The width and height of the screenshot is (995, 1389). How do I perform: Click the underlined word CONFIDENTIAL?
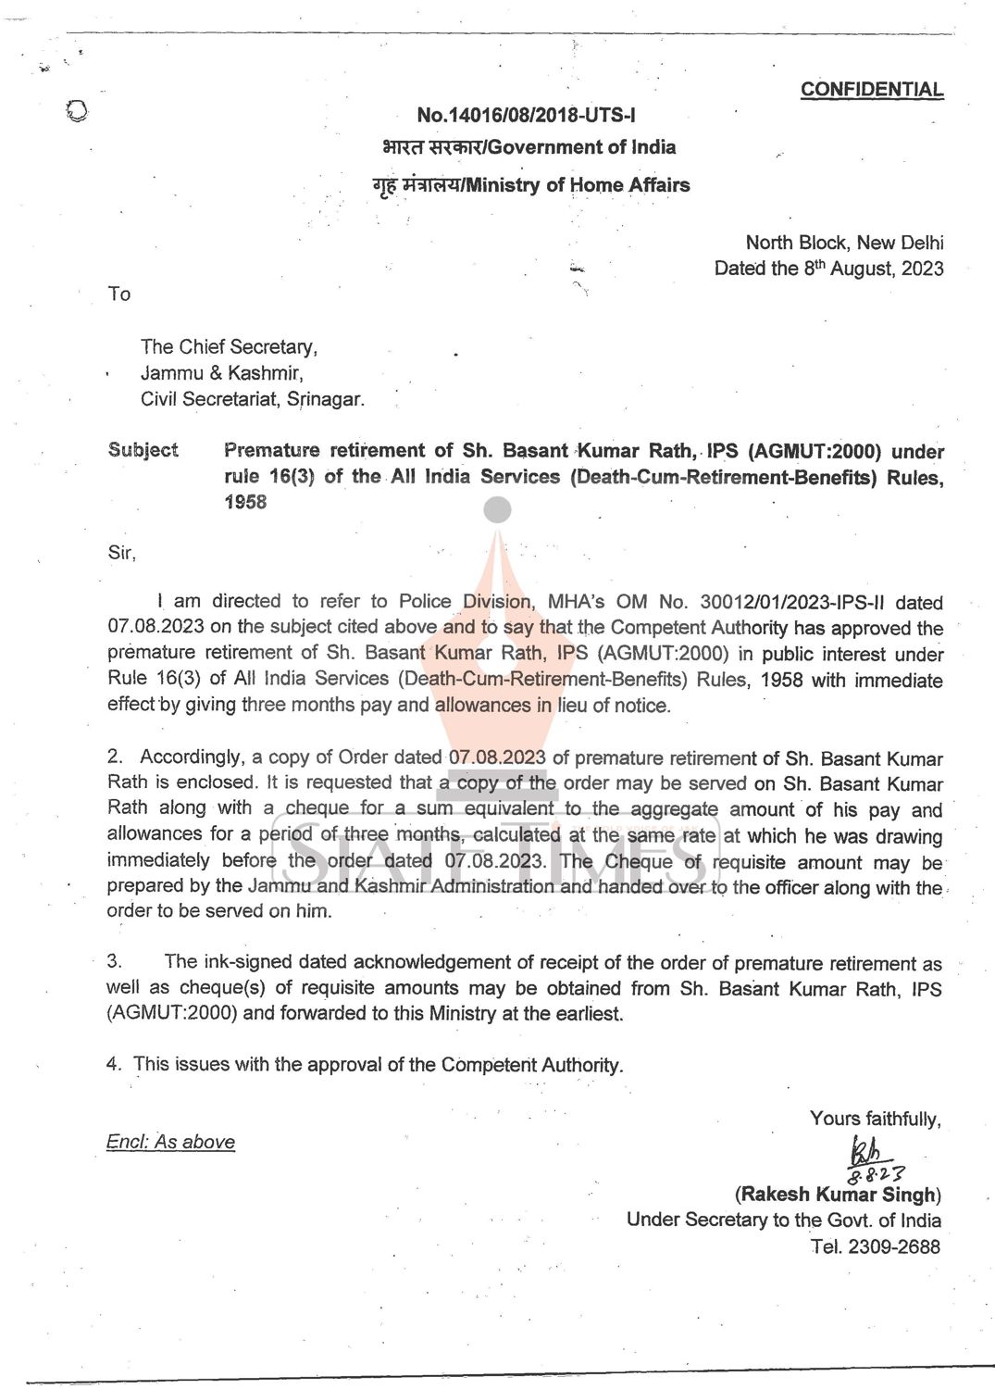(x=871, y=90)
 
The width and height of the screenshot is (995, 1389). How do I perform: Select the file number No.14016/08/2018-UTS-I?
(x=526, y=116)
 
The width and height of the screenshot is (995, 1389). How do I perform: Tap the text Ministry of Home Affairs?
(x=578, y=185)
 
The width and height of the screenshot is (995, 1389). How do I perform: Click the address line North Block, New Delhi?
(x=844, y=243)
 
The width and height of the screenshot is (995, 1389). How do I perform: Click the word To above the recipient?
(x=119, y=294)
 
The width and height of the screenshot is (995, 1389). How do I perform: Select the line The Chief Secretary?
(x=229, y=347)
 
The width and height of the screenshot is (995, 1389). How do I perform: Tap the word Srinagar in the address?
(x=325, y=399)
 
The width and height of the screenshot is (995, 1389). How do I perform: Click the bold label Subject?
(x=143, y=450)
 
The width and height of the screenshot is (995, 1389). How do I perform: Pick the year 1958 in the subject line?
(x=245, y=502)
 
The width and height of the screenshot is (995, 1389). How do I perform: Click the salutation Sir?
(x=121, y=553)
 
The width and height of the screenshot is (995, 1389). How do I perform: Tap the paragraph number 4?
(x=113, y=1064)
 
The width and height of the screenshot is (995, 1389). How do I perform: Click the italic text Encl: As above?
(x=170, y=1142)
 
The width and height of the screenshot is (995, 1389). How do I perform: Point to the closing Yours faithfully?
(x=875, y=1119)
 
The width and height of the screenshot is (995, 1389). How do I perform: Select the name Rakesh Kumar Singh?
(x=838, y=1195)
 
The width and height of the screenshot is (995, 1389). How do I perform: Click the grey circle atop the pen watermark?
(x=497, y=509)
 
